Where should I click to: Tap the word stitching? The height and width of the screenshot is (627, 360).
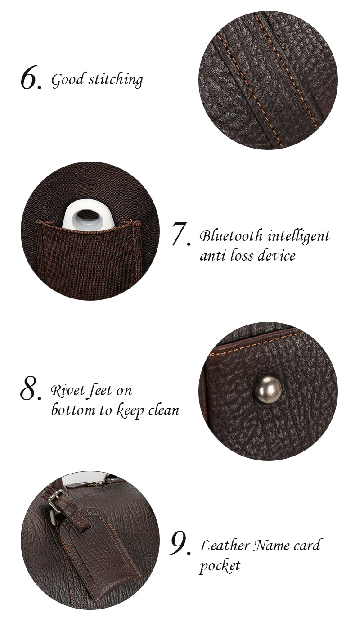coord(116,80)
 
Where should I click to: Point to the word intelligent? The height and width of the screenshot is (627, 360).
coord(299,236)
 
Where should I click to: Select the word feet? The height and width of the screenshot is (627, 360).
coord(100,391)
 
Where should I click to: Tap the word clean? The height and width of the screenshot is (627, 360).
coord(164,410)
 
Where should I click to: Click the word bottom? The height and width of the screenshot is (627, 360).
coord(74,410)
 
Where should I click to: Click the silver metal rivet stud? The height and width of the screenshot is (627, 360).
coord(267,390)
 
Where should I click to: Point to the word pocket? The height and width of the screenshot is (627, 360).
coord(220,566)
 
